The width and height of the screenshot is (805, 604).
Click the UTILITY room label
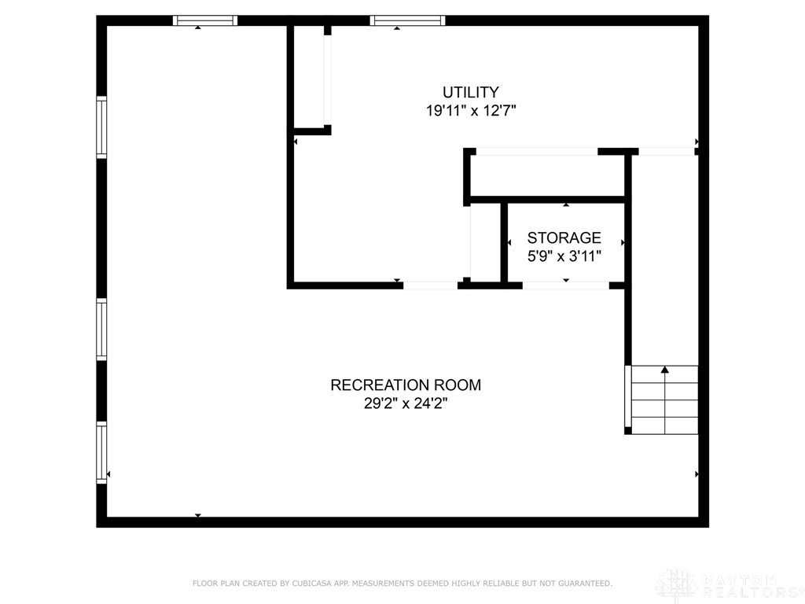(470, 92)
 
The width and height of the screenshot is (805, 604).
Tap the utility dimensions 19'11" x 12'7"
(470, 111)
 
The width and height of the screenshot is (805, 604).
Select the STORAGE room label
(564, 238)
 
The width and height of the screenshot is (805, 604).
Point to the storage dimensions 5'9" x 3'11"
(564, 256)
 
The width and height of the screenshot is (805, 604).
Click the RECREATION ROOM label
(405, 385)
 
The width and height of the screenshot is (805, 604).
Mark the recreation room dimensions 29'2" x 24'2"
(405, 403)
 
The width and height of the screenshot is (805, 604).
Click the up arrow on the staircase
(665, 370)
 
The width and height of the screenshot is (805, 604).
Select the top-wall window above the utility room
(407, 21)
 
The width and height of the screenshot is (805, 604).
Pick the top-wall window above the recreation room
(204, 21)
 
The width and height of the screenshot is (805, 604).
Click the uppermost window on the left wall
(101, 127)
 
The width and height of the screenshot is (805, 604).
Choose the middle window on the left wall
(101, 330)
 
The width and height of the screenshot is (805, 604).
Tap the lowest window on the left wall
(101, 452)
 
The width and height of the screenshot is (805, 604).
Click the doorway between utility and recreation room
(430, 285)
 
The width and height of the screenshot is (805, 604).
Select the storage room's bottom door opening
(565, 285)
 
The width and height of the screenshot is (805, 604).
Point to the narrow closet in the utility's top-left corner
(309, 77)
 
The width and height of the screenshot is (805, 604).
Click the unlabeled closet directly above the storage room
(547, 175)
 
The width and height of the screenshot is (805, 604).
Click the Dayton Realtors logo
(728, 584)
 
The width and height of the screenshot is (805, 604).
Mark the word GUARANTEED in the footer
(583, 584)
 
